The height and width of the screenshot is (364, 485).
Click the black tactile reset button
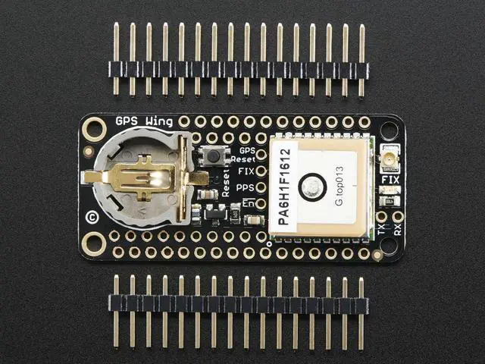pyautogui.click(x=214, y=156)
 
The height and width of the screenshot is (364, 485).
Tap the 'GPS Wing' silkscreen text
pyautogui.click(x=144, y=121)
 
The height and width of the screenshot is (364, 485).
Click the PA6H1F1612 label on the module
pyautogui.click(x=284, y=187)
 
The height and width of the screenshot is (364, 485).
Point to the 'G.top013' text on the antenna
pyautogui.click(x=339, y=187)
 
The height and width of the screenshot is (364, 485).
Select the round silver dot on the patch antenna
pyautogui.click(x=312, y=187)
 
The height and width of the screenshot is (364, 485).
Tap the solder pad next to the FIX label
pyautogui.click(x=261, y=171)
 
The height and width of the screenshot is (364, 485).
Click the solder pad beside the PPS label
pyautogui.click(x=261, y=187)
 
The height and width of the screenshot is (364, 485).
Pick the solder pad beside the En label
pyautogui.click(x=261, y=204)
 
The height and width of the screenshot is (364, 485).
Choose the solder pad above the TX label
pyautogui.click(x=381, y=217)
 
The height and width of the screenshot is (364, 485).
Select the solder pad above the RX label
pyautogui.click(x=398, y=217)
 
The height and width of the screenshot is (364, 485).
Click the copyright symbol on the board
pyautogui.click(x=92, y=218)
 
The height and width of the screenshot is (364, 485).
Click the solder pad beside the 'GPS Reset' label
pyautogui.click(x=261, y=155)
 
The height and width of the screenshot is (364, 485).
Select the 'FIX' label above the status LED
pyautogui.click(x=390, y=180)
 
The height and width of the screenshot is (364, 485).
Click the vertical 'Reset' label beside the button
pyautogui.click(x=226, y=184)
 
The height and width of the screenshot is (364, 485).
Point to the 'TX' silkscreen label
pyautogui.click(x=381, y=229)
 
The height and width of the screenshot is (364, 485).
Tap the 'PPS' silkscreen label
pyautogui.click(x=245, y=187)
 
